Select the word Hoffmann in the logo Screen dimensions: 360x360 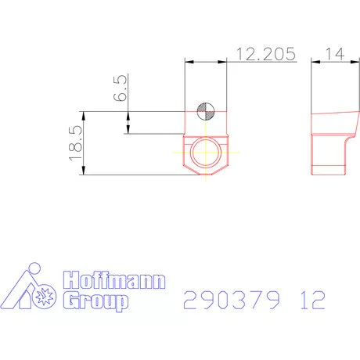point(113,280)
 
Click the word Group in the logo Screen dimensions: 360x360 point(94,301)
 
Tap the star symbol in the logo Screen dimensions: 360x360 point(44,297)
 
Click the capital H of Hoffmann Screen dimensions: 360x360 point(70,280)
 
